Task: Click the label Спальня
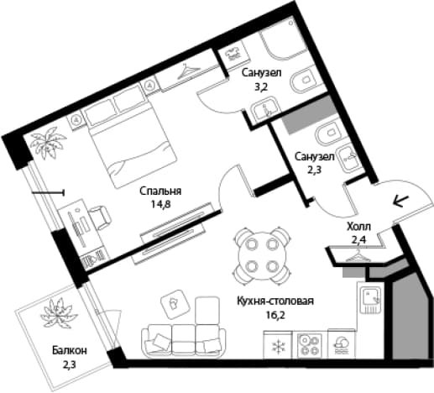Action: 160,191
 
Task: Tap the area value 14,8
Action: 160,204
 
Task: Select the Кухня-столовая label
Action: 275,301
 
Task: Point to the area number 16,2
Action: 275,315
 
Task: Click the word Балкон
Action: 70,351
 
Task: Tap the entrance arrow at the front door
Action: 401,201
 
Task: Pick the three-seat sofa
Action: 183,341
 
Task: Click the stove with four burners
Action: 309,345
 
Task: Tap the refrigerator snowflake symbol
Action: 278,346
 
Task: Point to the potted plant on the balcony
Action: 59,314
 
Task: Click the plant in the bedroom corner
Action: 48,142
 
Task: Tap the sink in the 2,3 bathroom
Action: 348,158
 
